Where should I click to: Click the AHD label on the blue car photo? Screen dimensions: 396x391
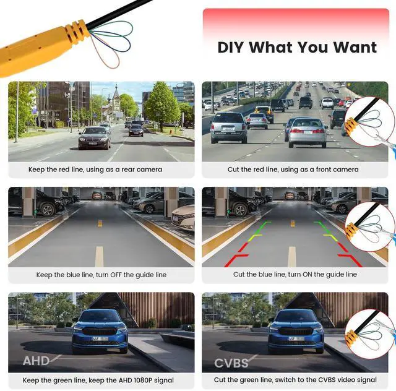pyautogui.click(x=36, y=361)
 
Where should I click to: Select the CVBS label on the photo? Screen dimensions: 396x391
pyautogui.click(x=231, y=363)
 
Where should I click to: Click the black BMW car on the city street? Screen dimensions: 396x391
pyautogui.click(x=95, y=138)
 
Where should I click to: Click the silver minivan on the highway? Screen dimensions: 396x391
pyautogui.click(x=229, y=127)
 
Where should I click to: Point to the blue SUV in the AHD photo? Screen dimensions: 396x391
pyautogui.click(x=100, y=331)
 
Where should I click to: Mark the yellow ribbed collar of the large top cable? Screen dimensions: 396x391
pyautogui.click(x=77, y=32)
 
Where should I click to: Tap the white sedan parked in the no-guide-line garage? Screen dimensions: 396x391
pyautogui.click(x=183, y=218)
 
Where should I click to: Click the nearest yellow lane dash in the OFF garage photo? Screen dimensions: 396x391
pyautogui.click(x=99, y=256)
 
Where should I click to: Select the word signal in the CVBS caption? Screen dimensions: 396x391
pyautogui.click(x=366, y=380)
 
